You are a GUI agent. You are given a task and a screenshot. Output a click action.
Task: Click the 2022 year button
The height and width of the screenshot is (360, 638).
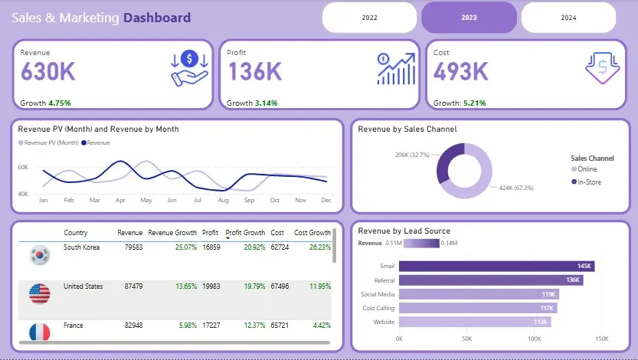click(x=369, y=17)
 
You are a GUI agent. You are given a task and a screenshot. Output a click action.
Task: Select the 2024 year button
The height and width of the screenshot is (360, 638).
click(x=568, y=17)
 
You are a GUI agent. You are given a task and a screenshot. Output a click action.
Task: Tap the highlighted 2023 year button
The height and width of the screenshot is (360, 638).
click(x=469, y=17)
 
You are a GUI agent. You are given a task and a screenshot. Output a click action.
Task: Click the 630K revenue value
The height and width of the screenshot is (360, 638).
click(x=48, y=72)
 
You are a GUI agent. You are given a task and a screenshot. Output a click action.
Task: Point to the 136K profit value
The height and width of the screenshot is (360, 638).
click(x=255, y=72)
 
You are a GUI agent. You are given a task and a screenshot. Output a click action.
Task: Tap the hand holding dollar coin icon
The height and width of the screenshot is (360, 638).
click(x=189, y=67)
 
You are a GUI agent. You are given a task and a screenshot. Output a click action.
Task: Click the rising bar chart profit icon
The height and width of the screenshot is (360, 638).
click(x=396, y=68)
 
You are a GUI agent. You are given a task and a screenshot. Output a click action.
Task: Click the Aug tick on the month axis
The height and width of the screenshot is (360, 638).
click(x=223, y=200)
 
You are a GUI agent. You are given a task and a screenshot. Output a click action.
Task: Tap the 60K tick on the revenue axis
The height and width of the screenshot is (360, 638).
click(x=23, y=167)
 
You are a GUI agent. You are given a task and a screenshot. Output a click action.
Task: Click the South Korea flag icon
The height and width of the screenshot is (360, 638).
click(x=38, y=254)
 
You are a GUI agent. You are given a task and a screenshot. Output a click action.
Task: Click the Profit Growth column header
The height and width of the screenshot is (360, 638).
click(x=245, y=233)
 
